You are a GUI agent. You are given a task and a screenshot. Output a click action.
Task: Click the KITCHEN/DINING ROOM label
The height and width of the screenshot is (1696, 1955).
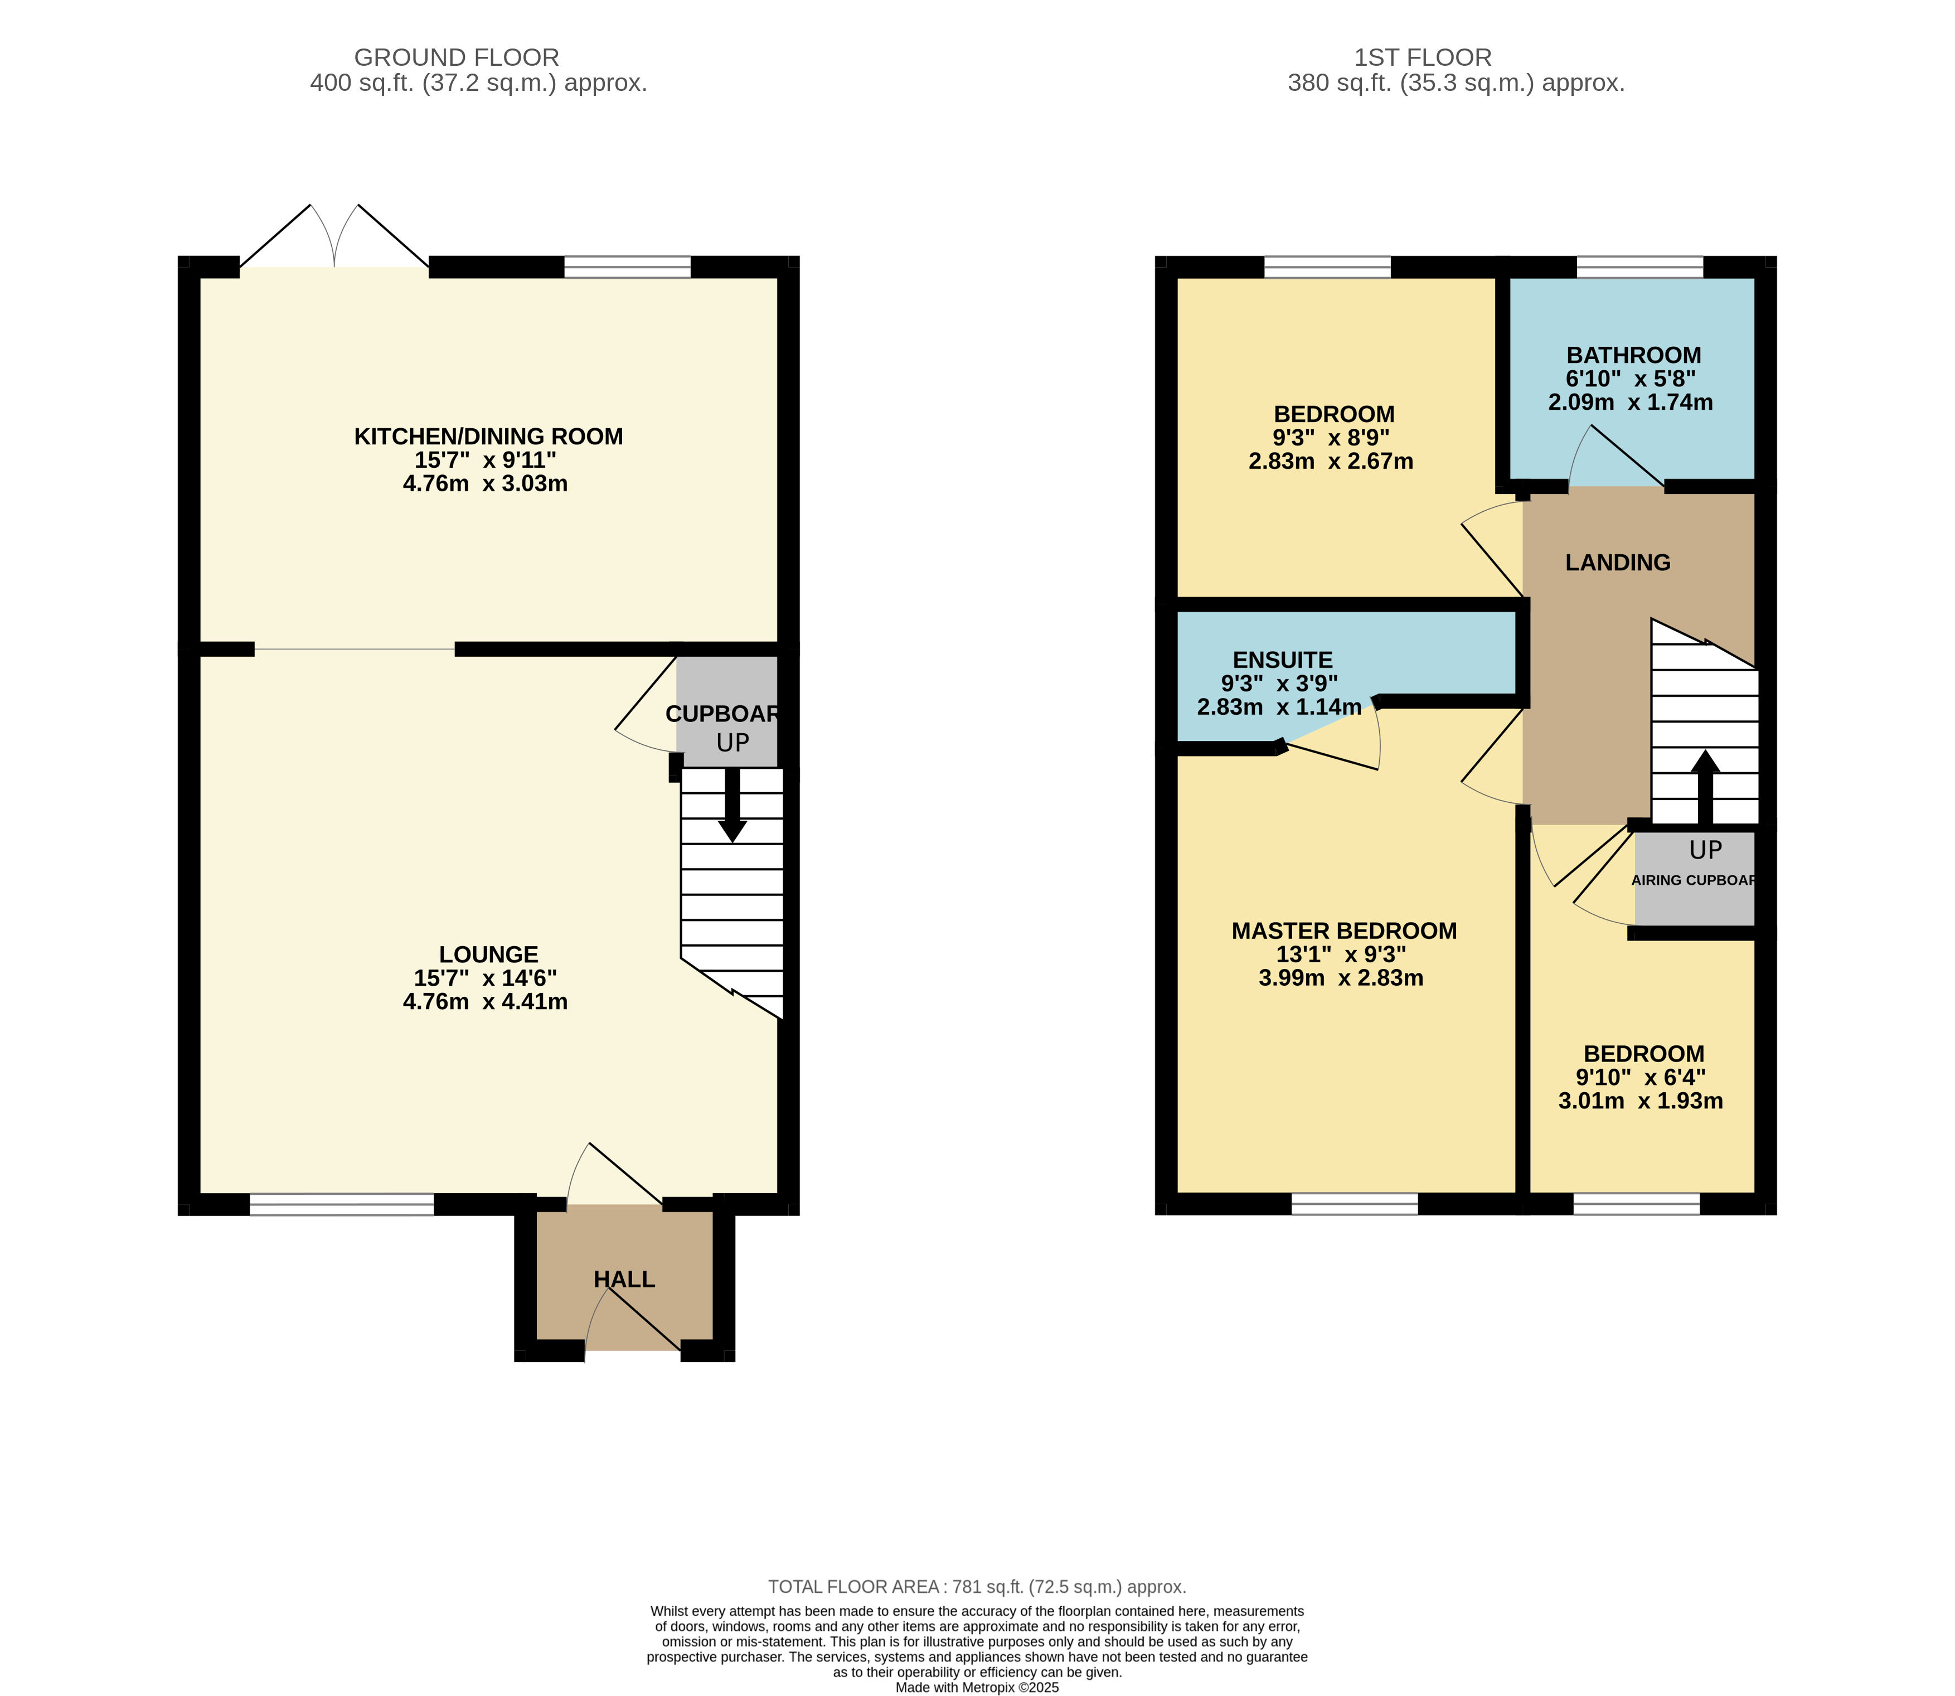coord(488,437)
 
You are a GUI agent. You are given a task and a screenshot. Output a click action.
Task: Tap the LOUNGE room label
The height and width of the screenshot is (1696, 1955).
coord(488,954)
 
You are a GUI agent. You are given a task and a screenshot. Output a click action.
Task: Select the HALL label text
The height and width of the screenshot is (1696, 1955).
coord(624,1280)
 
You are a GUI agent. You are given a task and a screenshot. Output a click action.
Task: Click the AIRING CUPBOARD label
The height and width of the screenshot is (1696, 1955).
coord(1694,880)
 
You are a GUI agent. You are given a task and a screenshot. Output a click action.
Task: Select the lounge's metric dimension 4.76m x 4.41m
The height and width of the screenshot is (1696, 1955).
coord(486,1001)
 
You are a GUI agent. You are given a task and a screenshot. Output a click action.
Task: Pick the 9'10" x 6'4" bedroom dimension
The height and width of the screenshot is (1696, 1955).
coord(1640,1077)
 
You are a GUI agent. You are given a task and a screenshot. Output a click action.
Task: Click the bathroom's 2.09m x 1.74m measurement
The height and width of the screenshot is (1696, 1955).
coord(1631,402)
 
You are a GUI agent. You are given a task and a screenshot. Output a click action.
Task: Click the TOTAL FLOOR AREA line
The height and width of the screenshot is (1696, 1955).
coord(977,1586)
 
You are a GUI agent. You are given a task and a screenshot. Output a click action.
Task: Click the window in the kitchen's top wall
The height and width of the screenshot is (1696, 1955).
coord(627,267)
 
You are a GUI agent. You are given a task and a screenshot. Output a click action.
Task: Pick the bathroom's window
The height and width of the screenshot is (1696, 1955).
coord(1640,267)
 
